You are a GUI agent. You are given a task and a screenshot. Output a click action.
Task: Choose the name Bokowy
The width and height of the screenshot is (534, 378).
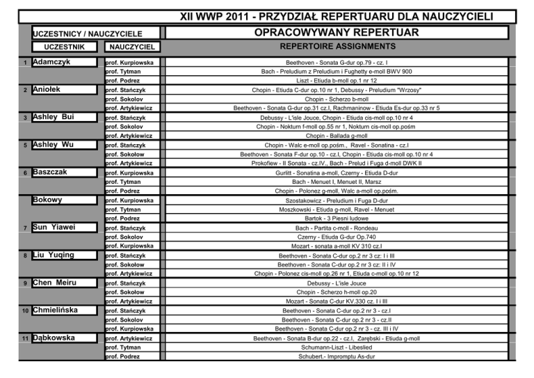click(x=47, y=200)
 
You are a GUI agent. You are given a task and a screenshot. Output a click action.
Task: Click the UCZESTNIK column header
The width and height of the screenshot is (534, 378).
click(x=65, y=47)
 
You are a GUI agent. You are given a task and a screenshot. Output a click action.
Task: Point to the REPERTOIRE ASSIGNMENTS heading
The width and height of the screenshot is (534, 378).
click(x=337, y=46)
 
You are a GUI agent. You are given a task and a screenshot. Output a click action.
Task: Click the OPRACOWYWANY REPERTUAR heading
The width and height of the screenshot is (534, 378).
click(x=337, y=33)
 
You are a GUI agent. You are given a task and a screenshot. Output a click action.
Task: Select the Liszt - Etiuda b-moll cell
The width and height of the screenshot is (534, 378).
click(x=337, y=81)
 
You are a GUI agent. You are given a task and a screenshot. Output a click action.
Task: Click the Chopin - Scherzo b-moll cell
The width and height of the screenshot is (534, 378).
click(x=337, y=99)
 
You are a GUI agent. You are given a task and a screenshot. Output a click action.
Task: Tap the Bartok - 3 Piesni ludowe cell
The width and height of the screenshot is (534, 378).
click(x=337, y=219)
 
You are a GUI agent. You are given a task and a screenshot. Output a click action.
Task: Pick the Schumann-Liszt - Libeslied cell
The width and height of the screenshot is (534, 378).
click(x=337, y=347)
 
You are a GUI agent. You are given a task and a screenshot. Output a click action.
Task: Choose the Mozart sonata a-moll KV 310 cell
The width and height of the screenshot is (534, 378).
click(x=337, y=246)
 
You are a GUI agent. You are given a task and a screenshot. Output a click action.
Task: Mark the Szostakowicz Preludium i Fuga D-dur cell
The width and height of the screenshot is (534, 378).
click(x=337, y=200)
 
